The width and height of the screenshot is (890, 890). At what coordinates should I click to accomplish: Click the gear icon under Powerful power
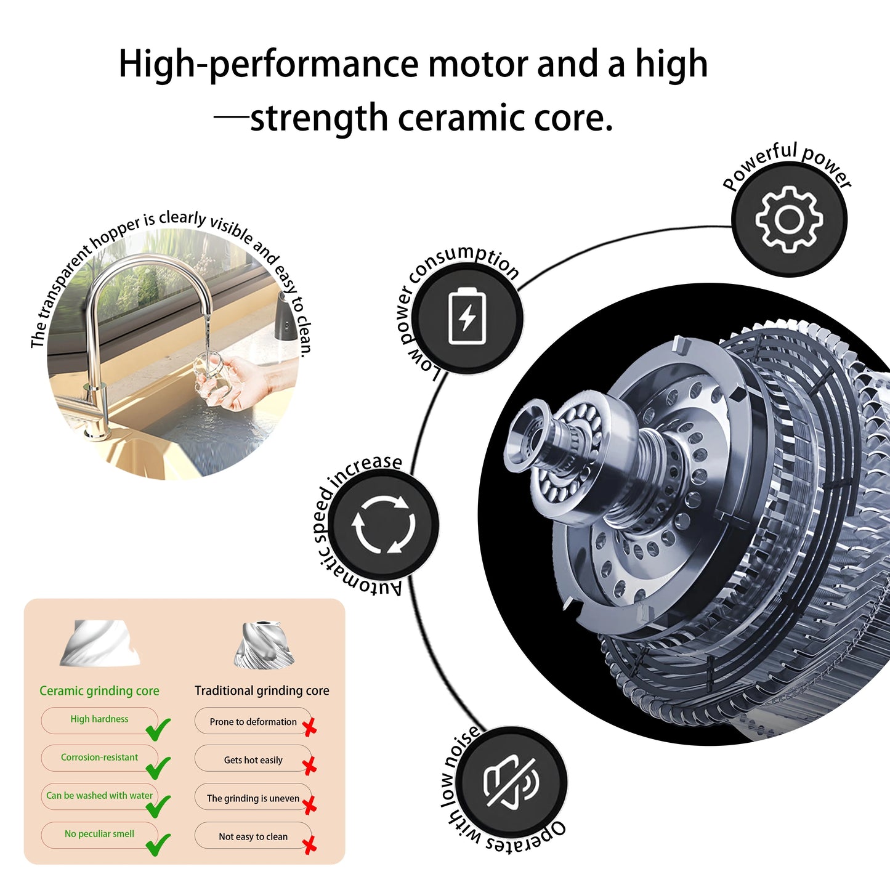click(789, 219)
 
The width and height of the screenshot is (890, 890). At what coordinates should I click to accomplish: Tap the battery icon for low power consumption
click(467, 316)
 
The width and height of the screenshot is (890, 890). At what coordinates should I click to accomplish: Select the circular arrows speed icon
click(383, 525)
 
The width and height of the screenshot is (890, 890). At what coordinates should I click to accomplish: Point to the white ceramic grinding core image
click(99, 642)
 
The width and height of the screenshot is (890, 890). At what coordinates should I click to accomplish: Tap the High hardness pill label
click(99, 720)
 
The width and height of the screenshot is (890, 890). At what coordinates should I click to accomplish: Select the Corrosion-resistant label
click(99, 758)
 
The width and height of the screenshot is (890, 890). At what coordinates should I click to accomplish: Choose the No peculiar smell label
click(99, 835)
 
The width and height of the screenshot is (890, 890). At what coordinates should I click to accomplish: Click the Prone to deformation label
click(253, 721)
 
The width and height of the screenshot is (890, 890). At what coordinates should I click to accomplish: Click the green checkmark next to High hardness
click(158, 729)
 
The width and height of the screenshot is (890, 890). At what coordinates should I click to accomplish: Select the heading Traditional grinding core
click(262, 691)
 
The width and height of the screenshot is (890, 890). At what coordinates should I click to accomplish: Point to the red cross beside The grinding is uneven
click(310, 805)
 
